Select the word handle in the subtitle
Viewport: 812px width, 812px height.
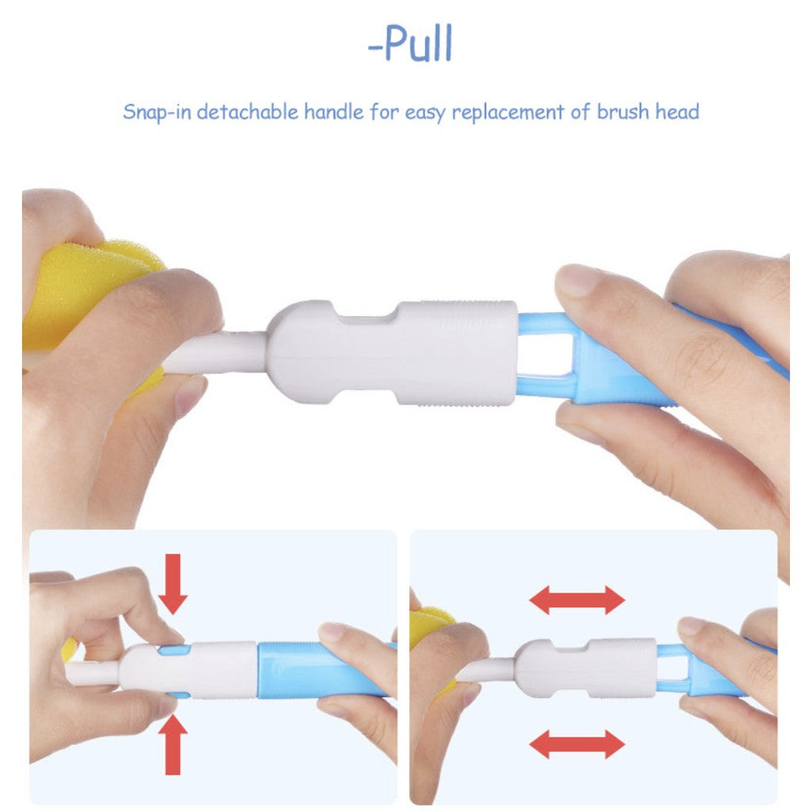pyautogui.click(x=334, y=111)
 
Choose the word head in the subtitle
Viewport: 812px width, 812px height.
pyautogui.click(x=677, y=111)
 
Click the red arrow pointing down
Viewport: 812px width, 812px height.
pyautogui.click(x=173, y=584)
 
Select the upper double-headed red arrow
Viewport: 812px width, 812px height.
pyautogui.click(x=577, y=600)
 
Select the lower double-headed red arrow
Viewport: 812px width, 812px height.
pyautogui.click(x=577, y=744)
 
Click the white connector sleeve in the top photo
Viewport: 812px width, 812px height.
pyautogui.click(x=392, y=352)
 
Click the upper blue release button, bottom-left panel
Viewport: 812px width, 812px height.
pyautogui.click(x=171, y=650)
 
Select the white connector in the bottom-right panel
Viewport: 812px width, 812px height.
pyautogui.click(x=585, y=667)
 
